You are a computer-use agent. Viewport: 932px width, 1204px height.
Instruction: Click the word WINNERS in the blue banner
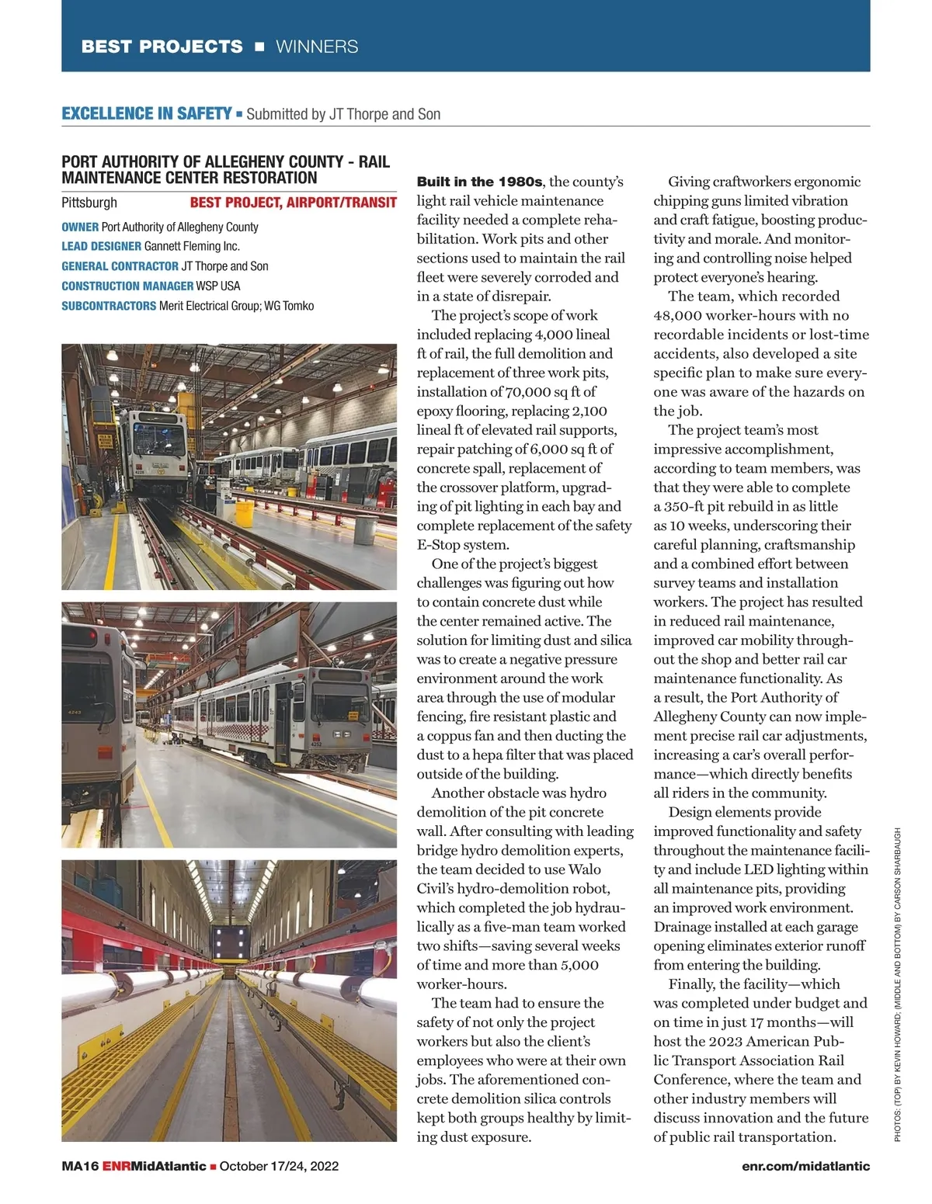point(317,47)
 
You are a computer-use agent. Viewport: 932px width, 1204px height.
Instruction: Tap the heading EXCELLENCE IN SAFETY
point(146,114)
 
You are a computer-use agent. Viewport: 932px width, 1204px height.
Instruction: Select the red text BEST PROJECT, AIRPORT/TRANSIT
point(293,203)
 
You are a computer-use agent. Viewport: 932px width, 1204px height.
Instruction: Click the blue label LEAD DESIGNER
point(101,246)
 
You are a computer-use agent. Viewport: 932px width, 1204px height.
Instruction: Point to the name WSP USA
point(218,286)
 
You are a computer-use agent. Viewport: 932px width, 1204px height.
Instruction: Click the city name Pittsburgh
point(89,203)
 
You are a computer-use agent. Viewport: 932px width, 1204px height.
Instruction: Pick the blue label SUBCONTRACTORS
point(109,306)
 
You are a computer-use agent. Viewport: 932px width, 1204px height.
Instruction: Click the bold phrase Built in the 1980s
point(479,182)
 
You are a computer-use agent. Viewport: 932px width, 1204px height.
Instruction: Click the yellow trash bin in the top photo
point(266,514)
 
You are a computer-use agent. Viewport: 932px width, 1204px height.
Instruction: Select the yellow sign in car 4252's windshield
point(353,715)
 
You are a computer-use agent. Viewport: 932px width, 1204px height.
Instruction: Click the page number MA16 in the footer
point(80,1166)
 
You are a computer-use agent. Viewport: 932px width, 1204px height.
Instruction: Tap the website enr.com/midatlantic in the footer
point(805,1166)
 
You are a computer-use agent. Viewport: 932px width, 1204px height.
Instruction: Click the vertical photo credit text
point(898,984)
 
